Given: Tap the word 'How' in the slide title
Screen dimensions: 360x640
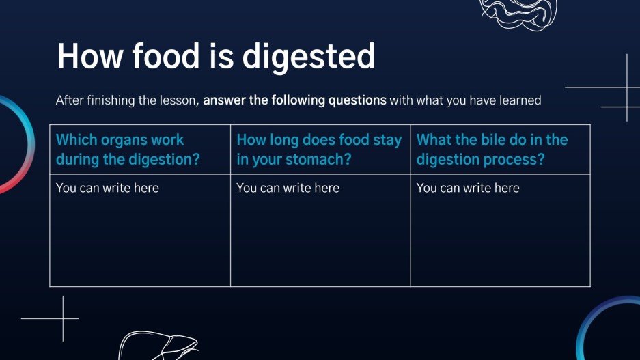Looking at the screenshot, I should tap(85, 56).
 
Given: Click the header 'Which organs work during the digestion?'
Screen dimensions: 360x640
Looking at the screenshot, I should tap(128, 150).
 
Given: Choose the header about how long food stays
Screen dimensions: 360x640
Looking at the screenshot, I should tap(319, 150).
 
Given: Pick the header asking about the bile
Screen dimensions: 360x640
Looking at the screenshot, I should tap(492, 150).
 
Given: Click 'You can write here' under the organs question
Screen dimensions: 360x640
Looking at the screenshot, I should tap(107, 188).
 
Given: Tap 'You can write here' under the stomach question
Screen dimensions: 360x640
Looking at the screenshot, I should tap(288, 188).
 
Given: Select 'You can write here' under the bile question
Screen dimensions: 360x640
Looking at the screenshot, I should tap(468, 188).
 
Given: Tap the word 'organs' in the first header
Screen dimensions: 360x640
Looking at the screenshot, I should tap(126, 140).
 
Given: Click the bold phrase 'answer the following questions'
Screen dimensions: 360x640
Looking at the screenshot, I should tap(294, 100).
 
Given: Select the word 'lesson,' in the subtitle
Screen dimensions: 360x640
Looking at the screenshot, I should tap(179, 100).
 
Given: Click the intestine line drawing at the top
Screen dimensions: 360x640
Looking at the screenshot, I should tap(519, 12).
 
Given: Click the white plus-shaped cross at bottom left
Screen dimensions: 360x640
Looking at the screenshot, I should tap(62, 318).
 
